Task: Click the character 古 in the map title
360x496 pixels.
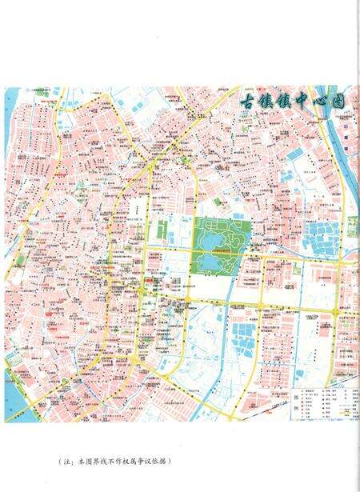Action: click(253, 102)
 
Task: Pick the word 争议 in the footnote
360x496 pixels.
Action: click(146, 462)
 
